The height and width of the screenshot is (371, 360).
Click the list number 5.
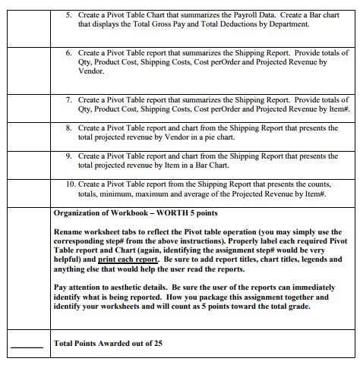tap(68, 15)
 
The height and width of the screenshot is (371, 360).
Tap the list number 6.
tap(68, 53)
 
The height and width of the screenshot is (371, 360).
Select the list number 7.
tap(68, 99)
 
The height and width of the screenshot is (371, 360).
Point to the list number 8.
tap(68, 127)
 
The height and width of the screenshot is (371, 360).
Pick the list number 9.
tap(68, 156)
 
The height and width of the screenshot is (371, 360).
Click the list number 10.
tap(70, 184)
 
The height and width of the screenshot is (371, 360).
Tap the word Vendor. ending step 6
tap(91, 71)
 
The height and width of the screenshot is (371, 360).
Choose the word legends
tap(317, 259)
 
